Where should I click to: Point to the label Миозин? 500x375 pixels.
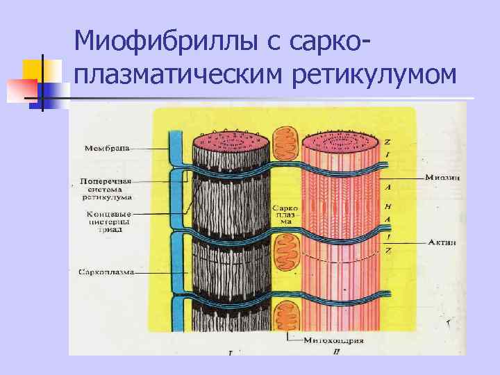444,177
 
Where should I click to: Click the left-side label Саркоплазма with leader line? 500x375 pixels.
105,273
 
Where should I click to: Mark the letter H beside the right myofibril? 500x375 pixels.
387,206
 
